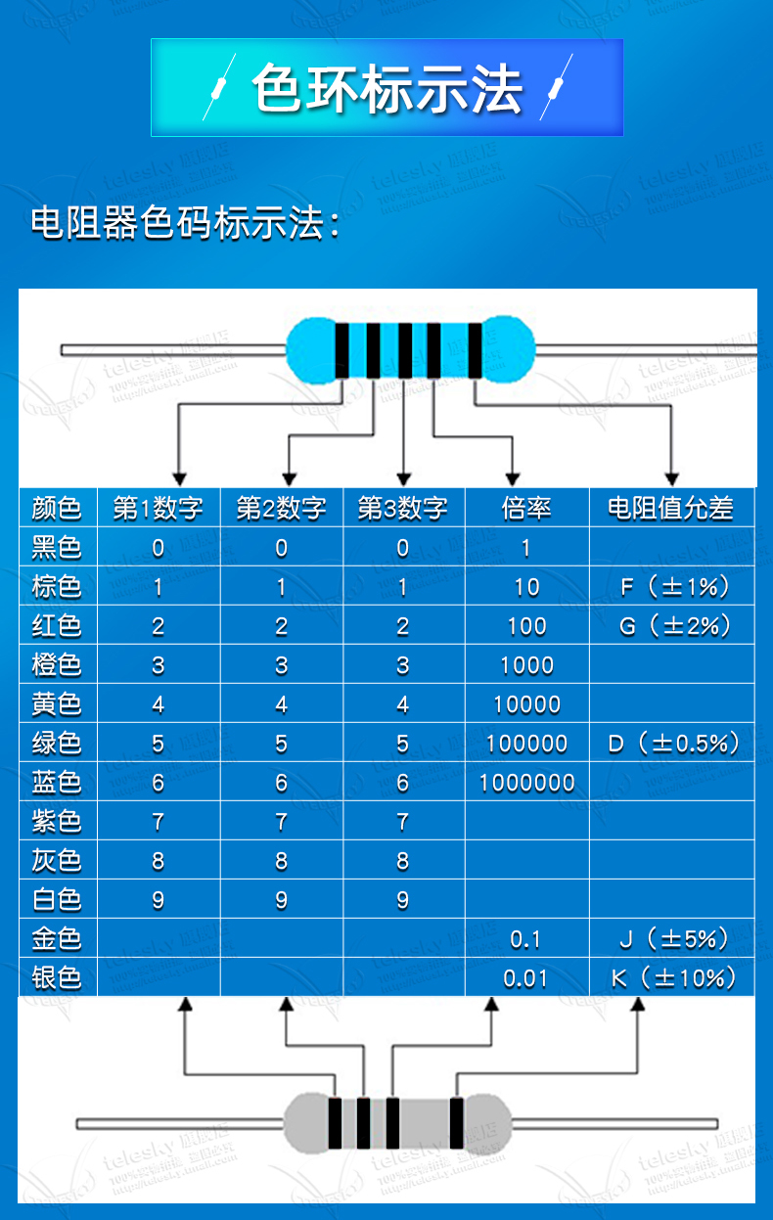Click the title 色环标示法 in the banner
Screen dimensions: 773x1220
point(387,89)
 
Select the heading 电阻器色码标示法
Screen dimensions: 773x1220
point(186,223)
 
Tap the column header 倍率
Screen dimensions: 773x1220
point(526,508)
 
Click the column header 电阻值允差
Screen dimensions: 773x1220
point(670,508)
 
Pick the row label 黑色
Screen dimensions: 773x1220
point(57,547)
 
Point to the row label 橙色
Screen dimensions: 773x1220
point(57,664)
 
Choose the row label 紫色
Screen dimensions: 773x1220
point(57,821)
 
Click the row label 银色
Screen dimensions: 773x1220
point(57,977)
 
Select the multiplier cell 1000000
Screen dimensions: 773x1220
point(526,783)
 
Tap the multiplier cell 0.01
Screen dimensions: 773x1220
point(525,978)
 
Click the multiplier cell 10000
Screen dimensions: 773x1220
point(526,704)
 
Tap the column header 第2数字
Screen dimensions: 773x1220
point(281,508)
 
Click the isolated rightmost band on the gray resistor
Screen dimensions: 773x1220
point(456,1123)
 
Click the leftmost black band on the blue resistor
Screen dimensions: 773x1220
point(342,349)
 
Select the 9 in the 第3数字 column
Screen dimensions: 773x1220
point(402,900)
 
